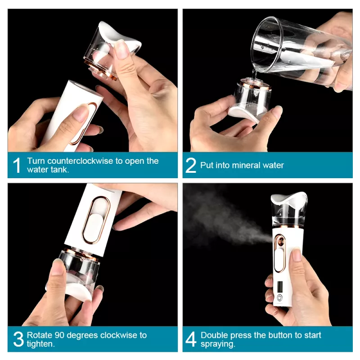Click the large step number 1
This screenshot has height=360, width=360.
(17, 165)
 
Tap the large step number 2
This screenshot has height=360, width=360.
(191, 165)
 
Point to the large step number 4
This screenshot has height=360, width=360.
(191, 339)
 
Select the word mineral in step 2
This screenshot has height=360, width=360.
(247, 165)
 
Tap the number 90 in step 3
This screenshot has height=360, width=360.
(60, 335)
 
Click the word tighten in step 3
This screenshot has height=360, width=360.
(40, 344)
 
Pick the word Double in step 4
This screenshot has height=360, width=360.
(214, 335)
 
